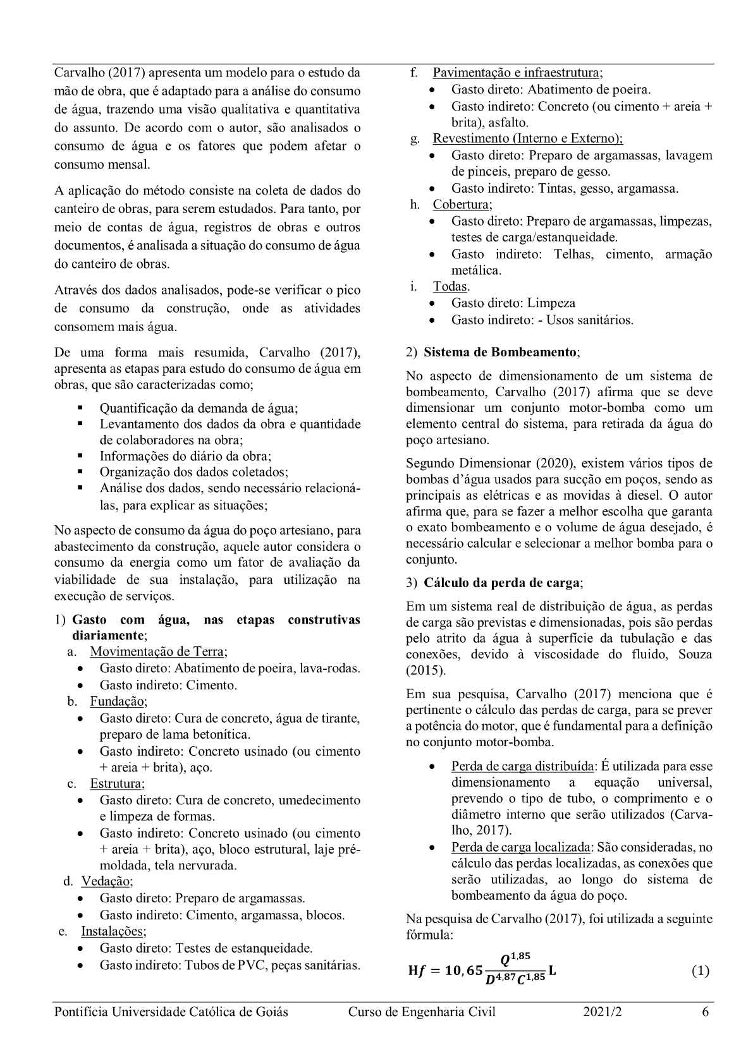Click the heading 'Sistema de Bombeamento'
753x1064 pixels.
point(500,352)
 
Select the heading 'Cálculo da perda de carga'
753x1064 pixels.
point(503,583)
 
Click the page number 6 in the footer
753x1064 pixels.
point(705,1012)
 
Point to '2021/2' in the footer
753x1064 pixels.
point(603,1012)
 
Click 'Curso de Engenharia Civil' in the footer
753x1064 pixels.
point(422,1012)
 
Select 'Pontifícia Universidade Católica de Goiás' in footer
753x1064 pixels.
point(171,1012)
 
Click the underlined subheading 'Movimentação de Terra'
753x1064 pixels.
point(158,651)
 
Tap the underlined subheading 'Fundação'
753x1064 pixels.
point(118,701)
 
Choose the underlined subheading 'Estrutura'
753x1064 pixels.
point(117,783)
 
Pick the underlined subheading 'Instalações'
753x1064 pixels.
point(113,931)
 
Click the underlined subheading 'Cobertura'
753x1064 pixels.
point(461,205)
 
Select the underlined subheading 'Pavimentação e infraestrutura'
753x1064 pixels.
point(517,73)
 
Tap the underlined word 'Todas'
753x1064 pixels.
point(450,286)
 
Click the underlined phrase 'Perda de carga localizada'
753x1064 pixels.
point(521,847)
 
